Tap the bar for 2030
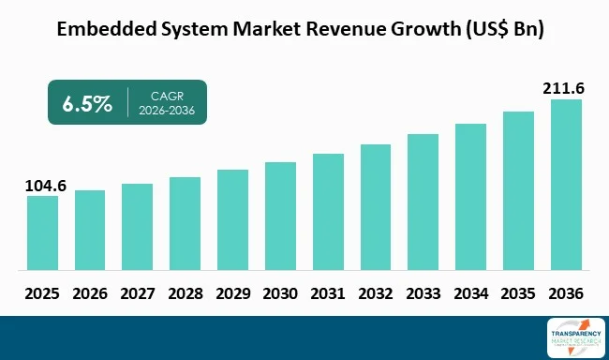click(280, 214)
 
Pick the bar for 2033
click(423, 200)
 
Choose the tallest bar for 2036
click(566, 183)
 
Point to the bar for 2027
click(137, 225)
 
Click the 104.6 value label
click(43, 186)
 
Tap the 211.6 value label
click(565, 89)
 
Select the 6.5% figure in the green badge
click(87, 102)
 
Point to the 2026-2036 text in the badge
click(168, 111)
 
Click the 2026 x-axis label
click(90, 293)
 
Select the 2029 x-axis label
click(232, 293)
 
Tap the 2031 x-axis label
click(328, 293)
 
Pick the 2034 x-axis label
click(470, 293)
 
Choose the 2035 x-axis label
click(518, 293)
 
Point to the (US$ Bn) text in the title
click(504, 29)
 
